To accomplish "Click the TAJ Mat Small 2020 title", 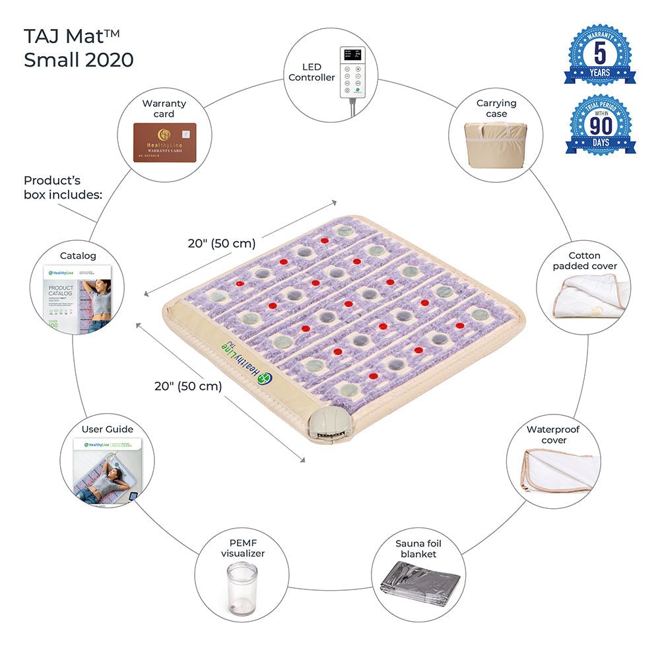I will (79, 48).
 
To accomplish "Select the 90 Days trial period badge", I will (600, 125).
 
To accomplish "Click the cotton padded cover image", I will (583, 297).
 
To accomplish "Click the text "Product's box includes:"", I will (63, 187).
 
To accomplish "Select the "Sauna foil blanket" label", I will (418, 548).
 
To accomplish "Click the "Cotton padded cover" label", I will (585, 261).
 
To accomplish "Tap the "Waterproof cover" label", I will (554, 434).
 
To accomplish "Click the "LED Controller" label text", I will (312, 72).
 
